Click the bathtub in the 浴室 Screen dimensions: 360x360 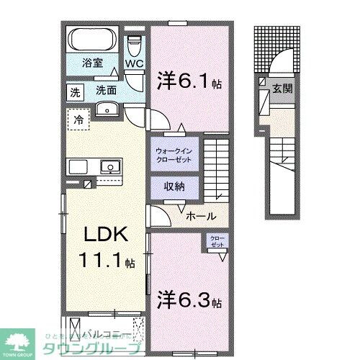coord(91,38)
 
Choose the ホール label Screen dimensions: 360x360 coord(201,215)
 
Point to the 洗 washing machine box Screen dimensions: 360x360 coord(75,92)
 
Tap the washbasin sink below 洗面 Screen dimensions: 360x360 coord(106,109)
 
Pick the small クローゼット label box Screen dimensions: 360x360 coord(217,241)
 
